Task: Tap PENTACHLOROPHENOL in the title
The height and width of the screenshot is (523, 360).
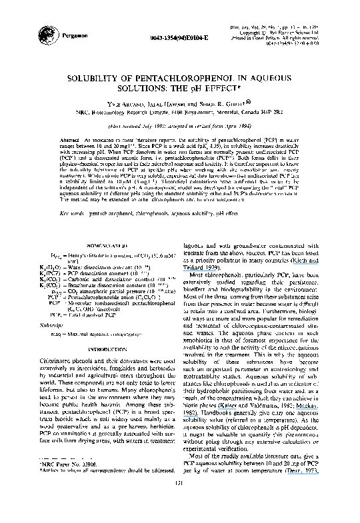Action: click(176, 77)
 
